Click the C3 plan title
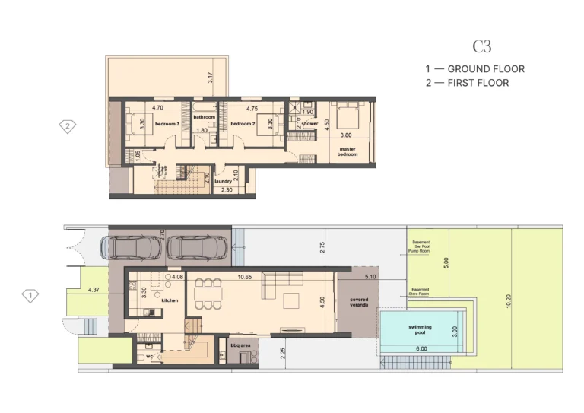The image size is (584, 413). [481, 47]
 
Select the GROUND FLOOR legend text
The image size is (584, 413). [485, 69]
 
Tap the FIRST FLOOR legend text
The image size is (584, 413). [478, 83]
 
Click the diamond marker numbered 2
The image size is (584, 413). [68, 126]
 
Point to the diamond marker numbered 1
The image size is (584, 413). [30, 295]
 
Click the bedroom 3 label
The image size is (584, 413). [167, 123]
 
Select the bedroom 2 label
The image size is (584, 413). [242, 123]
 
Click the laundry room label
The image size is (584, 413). [223, 182]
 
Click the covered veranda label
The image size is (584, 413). [359, 303]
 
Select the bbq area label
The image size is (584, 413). [241, 345]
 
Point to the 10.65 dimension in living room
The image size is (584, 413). [245, 277]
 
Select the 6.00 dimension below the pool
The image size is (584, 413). [421, 349]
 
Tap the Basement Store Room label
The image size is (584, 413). [421, 291]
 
